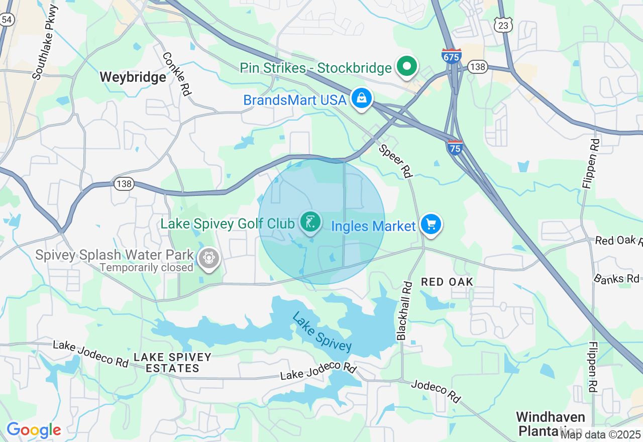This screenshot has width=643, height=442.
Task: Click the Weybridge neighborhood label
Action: click(133, 77)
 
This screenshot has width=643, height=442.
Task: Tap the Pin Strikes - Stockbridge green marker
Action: click(407, 66)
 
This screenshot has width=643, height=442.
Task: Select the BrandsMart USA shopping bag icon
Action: click(361, 98)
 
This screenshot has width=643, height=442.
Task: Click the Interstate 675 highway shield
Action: click(451, 56)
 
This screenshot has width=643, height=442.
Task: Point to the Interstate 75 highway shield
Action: click(455, 147)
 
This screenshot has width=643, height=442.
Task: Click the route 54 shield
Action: click(7, 20)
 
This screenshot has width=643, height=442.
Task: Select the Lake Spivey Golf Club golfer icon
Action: click(310, 222)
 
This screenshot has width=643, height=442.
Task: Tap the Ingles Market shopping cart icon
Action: click(431, 225)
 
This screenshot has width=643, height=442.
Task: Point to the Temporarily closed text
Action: click(146, 268)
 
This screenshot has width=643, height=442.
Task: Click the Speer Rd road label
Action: click(395, 161)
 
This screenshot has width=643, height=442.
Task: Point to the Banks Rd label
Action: click(617, 279)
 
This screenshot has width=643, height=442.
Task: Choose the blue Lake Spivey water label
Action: click(321, 333)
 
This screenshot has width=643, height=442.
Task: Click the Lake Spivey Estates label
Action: click(172, 363)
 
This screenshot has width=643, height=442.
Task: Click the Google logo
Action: click(34, 430)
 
